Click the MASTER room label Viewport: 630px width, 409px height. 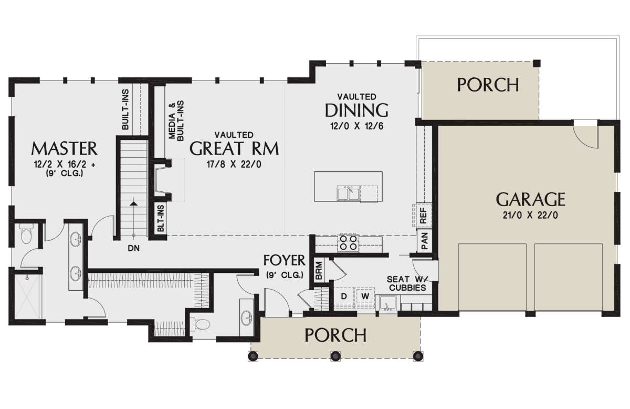[x=65, y=148]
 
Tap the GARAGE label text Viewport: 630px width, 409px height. [x=530, y=199]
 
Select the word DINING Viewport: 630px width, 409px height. [x=356, y=110]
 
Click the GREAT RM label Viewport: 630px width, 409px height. [x=234, y=148]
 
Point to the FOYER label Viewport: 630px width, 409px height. [x=285, y=260]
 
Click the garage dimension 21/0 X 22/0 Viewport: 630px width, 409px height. [x=530, y=216]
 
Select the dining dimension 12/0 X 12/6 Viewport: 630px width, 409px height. [x=356, y=126]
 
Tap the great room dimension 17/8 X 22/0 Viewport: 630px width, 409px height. [x=234, y=164]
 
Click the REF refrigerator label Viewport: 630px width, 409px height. [x=423, y=215]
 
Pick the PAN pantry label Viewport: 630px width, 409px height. [x=424, y=241]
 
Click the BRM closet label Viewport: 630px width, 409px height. [x=319, y=270]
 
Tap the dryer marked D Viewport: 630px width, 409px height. [x=344, y=296]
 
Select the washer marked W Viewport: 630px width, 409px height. [x=365, y=296]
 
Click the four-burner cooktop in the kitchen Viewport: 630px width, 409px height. [x=349, y=243]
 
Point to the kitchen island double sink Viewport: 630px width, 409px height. [x=349, y=193]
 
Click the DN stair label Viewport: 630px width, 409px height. [x=133, y=249]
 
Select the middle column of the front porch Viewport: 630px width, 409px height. [x=335, y=356]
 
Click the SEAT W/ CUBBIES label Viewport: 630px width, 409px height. [x=407, y=283]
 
